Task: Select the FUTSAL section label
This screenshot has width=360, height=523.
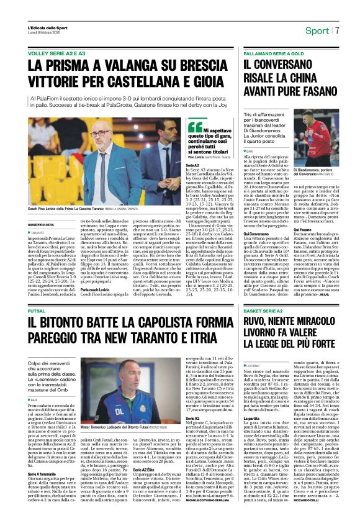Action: (x=37, y=309)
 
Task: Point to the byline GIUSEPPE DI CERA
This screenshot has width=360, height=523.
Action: (x=42, y=216)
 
